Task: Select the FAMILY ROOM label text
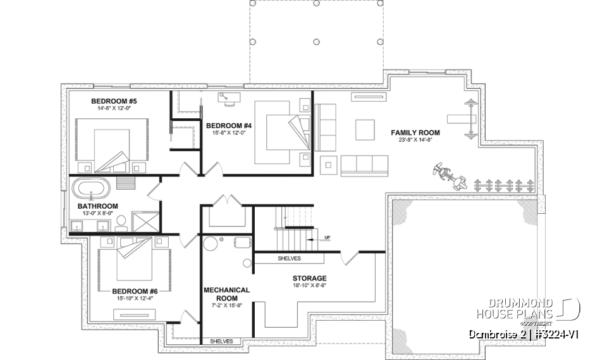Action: click(415, 133)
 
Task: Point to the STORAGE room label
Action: click(309, 278)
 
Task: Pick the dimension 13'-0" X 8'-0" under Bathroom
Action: click(98, 214)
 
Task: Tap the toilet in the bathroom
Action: click(121, 221)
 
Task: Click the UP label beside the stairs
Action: click(327, 238)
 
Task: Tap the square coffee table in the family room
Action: click(365, 130)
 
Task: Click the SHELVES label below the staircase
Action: click(289, 259)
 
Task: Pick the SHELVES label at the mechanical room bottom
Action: click(221, 342)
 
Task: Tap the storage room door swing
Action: click(347, 258)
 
